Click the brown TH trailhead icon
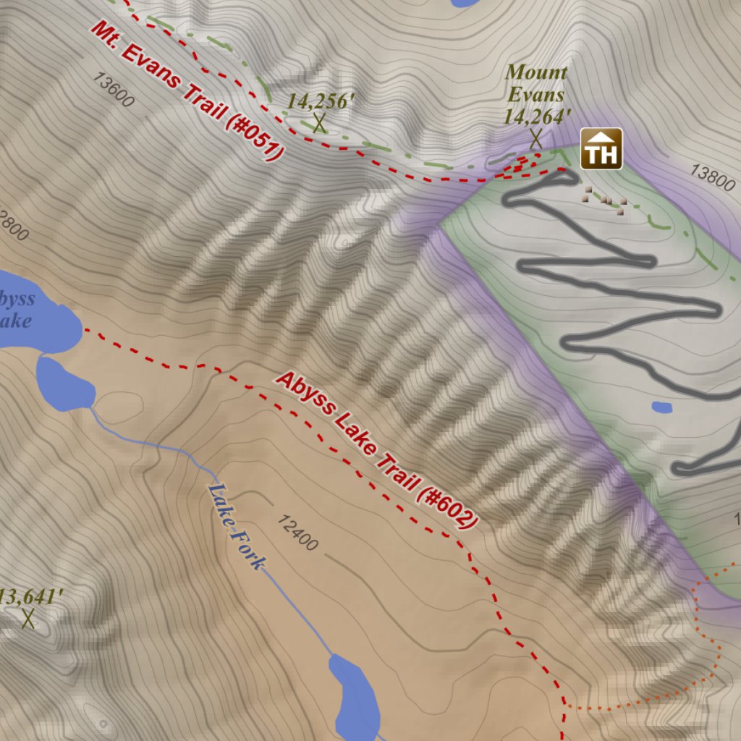coord(601,148)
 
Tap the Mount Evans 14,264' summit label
coord(536,94)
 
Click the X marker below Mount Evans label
coord(535,137)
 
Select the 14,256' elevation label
coord(320,101)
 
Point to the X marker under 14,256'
coord(318,123)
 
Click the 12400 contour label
coord(297,532)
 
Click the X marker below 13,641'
coord(28,619)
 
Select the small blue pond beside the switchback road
coord(661,407)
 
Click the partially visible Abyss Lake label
coord(16,309)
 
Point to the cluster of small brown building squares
coord(605,199)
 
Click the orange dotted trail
coord(698,637)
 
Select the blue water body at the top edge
coord(463,2)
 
